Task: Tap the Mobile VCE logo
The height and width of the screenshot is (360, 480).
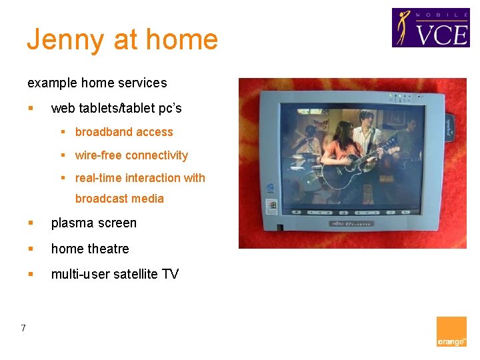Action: click(x=430, y=27)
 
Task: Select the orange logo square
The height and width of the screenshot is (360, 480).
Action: click(x=451, y=332)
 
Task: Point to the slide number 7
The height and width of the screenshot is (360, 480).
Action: click(x=23, y=327)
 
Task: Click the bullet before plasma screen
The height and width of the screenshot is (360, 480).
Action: click(x=31, y=223)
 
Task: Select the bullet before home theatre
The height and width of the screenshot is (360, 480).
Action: click(x=31, y=249)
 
